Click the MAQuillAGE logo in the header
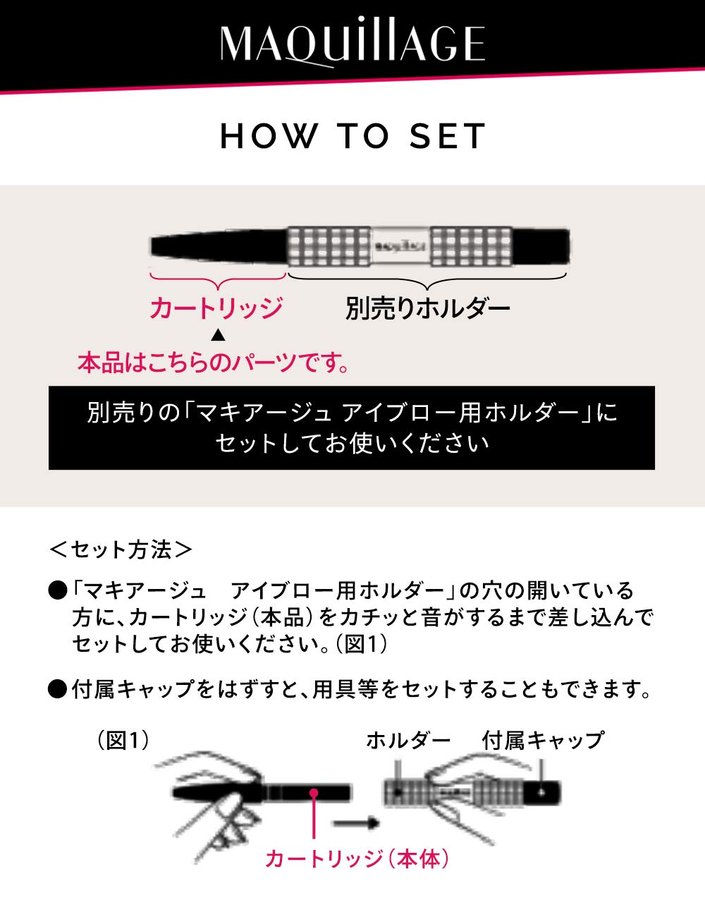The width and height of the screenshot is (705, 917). point(352,44)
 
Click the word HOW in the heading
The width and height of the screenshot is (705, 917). point(269,136)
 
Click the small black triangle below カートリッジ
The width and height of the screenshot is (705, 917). point(218,335)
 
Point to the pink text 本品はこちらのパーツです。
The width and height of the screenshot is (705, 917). point(214,363)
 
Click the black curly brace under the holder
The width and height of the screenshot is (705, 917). point(427,281)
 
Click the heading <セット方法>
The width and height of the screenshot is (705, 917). point(121,549)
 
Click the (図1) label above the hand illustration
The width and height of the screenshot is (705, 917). point(123,740)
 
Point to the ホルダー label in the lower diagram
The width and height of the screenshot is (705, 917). point(408,740)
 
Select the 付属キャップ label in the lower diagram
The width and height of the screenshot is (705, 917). point(543,740)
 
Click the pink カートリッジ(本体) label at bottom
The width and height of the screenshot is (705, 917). point(357,858)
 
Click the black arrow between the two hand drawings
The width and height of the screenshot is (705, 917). point(356,823)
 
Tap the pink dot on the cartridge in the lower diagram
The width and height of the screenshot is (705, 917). point(314,794)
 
